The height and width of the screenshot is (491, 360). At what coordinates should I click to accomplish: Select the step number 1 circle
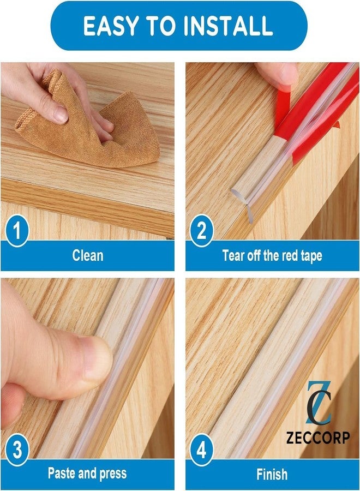pyautogui.click(x=17, y=232)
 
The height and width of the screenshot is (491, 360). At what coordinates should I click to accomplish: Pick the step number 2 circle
pyautogui.click(x=201, y=232)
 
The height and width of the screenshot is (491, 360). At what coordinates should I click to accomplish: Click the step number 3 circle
pyautogui.click(x=17, y=452)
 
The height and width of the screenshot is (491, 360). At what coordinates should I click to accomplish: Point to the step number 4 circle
pyautogui.click(x=201, y=452)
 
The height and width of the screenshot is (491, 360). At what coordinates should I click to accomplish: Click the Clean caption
pyautogui.click(x=88, y=255)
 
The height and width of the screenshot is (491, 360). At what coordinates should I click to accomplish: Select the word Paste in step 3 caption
pyautogui.click(x=62, y=474)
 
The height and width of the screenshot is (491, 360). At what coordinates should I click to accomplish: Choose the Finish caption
pyautogui.click(x=272, y=474)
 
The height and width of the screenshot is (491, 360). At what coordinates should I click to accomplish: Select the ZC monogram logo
pyautogui.click(x=318, y=404)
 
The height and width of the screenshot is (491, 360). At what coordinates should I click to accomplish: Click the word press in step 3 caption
pyautogui.click(x=112, y=474)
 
